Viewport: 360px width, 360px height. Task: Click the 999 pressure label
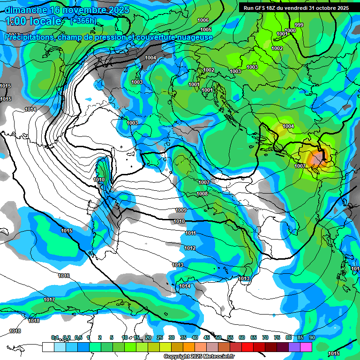pyautogui.click(x=299, y=25)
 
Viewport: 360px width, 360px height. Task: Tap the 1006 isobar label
pyautogui.click(x=203, y=20)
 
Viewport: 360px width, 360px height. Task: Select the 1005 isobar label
pyautogui.click(x=206, y=30)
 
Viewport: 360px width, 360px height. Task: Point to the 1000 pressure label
pyautogui.click(x=291, y=30)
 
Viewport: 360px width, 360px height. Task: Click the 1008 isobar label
pyautogui.click(x=202, y=194)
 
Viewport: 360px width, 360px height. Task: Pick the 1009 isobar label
pyautogui.click(x=181, y=210)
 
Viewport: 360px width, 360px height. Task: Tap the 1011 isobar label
pyautogui.click(x=190, y=233)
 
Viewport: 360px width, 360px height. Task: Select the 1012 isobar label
pyautogui.click(x=190, y=248)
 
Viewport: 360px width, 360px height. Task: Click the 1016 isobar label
pyautogui.click(x=64, y=276)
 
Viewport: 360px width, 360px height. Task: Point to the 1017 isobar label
pyautogui.click(x=49, y=300)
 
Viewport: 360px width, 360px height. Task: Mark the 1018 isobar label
pyautogui.click(x=15, y=331)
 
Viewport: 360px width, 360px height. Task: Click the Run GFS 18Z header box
pyautogui.click(x=296, y=8)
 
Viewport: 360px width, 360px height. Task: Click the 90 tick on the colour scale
pyautogui.click(x=312, y=338)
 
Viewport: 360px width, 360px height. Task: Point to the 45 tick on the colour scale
pyautogui.click(x=207, y=338)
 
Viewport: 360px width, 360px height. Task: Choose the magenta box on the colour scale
pyautogui.click(x=306, y=347)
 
